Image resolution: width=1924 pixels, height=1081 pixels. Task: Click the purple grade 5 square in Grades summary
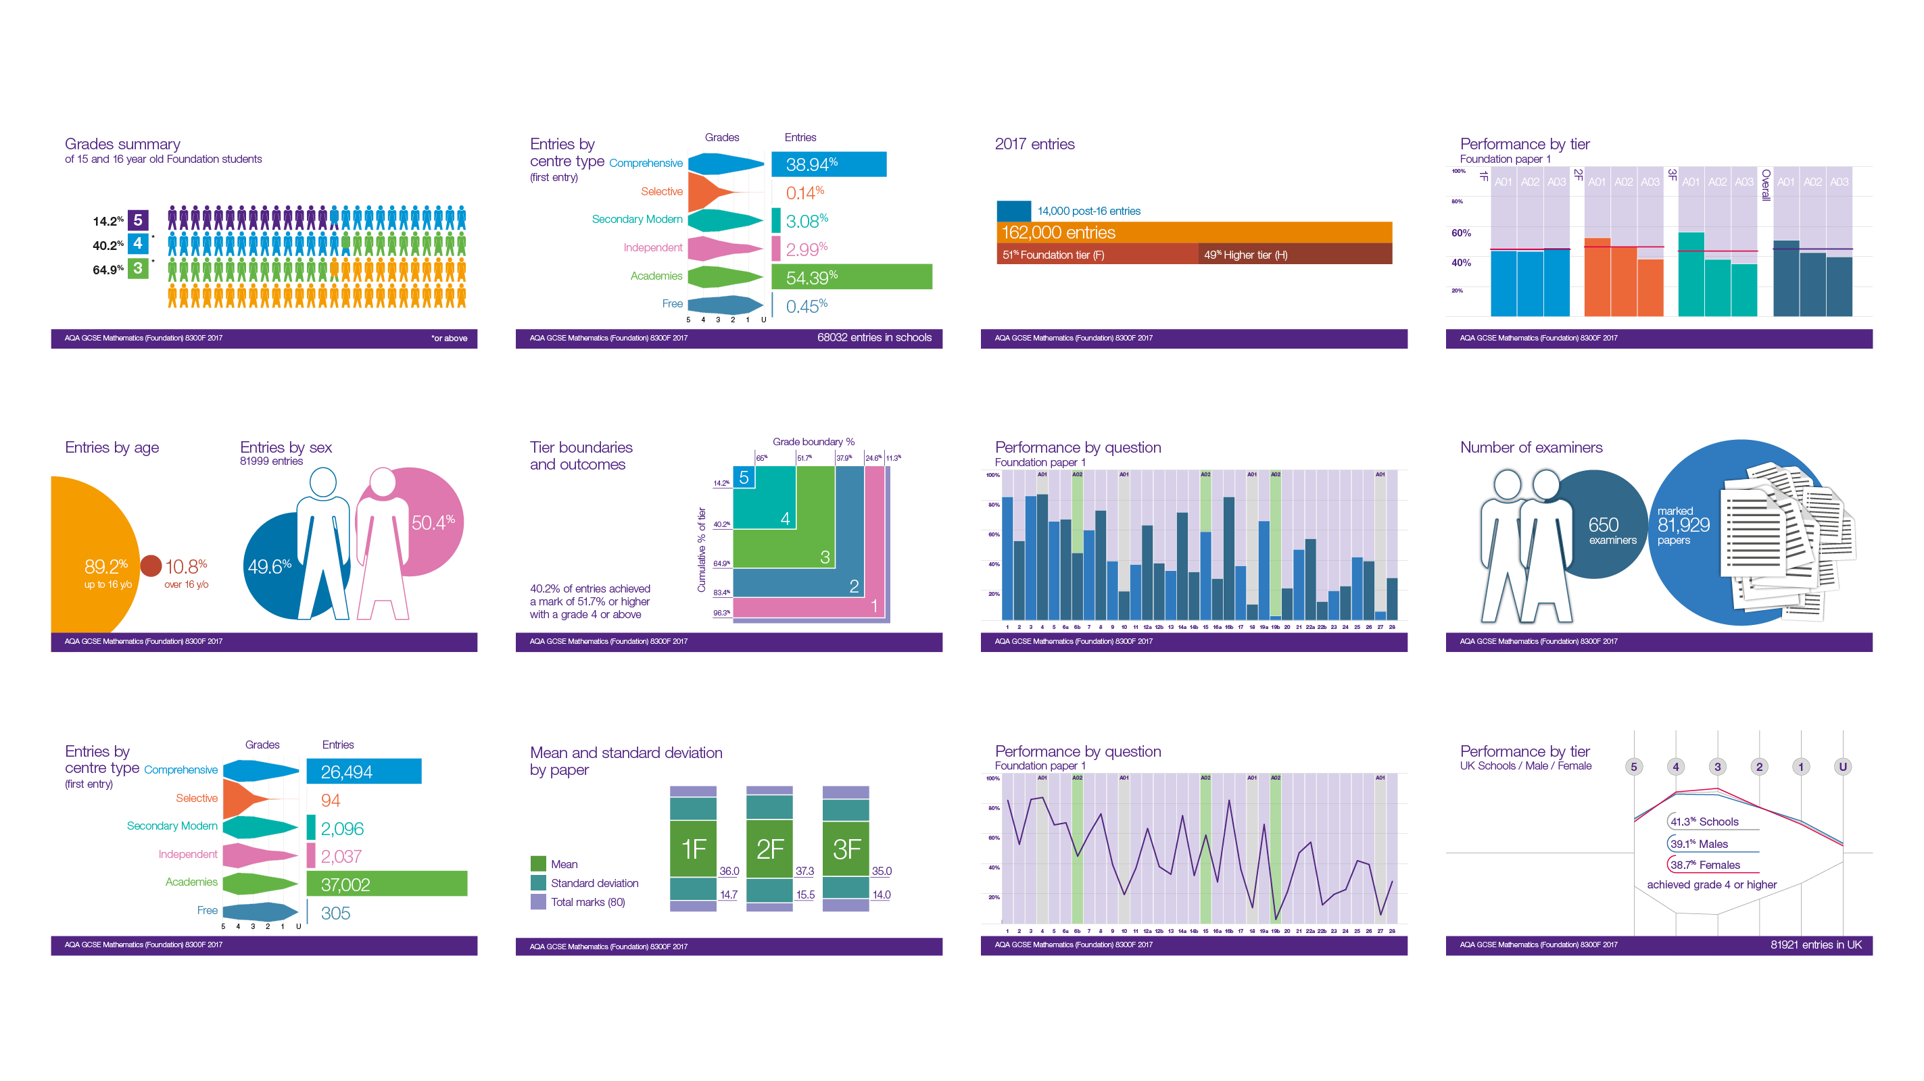coord(137,220)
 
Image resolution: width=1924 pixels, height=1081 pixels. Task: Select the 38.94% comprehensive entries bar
coord(828,164)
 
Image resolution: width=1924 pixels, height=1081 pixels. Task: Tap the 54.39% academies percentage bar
coord(851,277)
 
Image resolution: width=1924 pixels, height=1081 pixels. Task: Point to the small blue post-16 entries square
coord(1013,211)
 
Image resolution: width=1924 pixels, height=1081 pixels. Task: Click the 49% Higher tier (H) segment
coord(1295,255)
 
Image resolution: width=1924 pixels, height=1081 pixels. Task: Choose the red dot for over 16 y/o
coord(151,566)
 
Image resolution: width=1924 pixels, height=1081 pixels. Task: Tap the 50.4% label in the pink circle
coord(433,522)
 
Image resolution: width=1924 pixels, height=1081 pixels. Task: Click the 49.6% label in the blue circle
coord(269,567)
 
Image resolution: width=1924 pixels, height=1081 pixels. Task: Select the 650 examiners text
coord(1611,531)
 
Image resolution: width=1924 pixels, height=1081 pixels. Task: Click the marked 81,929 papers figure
coord(1683,526)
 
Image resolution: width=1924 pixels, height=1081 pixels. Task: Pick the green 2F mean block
coord(769,849)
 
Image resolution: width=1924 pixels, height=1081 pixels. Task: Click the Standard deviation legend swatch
coord(537,882)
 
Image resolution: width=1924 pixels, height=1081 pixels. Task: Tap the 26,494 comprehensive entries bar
coord(364,771)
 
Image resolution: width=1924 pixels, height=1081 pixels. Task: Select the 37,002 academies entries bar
coord(386,884)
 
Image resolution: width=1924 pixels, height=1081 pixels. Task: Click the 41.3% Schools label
coord(1704,821)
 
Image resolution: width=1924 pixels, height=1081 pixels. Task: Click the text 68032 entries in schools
coord(874,337)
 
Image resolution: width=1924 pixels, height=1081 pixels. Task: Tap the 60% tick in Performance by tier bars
coord(1461,233)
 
